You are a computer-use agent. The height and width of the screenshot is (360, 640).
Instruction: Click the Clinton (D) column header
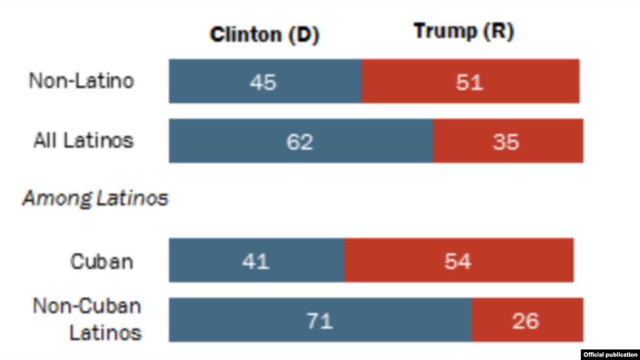tap(264, 35)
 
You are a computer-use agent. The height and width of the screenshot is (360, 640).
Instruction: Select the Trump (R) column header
tap(464, 32)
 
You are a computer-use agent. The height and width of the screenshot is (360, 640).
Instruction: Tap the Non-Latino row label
tap(82, 81)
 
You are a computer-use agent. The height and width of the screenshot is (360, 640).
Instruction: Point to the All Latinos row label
tap(84, 141)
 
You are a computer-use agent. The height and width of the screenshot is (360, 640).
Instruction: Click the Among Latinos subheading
tap(95, 198)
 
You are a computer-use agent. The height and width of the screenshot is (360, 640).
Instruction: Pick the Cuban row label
tap(102, 261)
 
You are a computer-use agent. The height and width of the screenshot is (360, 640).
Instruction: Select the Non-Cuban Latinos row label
tap(87, 320)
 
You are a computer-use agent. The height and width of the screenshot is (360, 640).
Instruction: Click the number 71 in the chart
tap(319, 320)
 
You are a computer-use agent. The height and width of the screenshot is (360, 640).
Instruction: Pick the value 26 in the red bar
tap(525, 320)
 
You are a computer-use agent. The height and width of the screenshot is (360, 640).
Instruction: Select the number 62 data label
tap(300, 141)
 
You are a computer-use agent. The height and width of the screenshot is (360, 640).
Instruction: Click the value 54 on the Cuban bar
tap(458, 261)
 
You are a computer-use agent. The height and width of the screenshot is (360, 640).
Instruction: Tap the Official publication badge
tap(610, 354)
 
